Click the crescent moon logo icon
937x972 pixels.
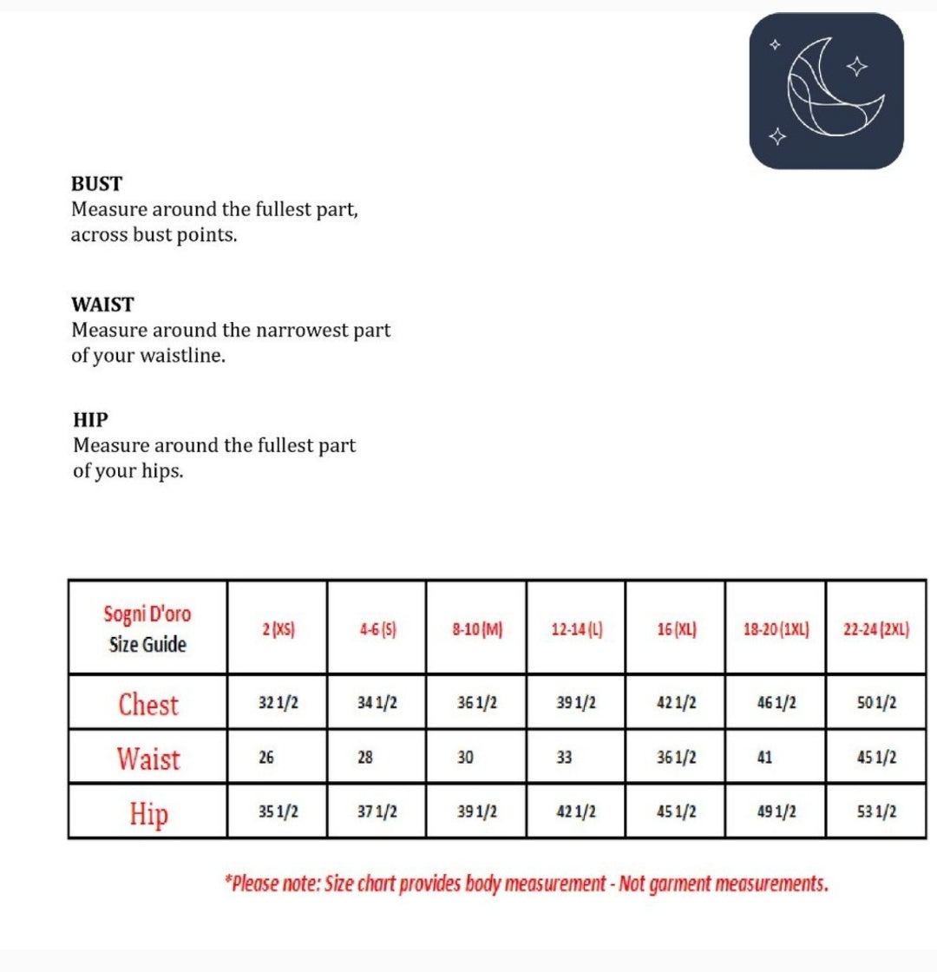coord(827,90)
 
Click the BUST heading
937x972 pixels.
coord(96,184)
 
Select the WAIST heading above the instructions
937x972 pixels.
coord(102,305)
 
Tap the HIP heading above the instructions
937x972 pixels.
coord(90,420)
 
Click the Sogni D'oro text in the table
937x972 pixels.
coord(147,614)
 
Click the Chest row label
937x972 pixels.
coord(148,704)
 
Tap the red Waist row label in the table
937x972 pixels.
coord(149,759)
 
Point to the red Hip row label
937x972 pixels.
coord(148,813)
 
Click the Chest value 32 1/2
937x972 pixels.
coord(278,703)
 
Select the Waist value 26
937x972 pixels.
coord(266,758)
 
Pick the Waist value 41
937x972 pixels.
coord(764,758)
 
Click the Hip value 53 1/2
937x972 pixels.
coord(876,812)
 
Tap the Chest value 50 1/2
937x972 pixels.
coord(876,703)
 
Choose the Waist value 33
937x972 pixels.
coord(564,758)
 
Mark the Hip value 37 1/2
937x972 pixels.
coord(377,812)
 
